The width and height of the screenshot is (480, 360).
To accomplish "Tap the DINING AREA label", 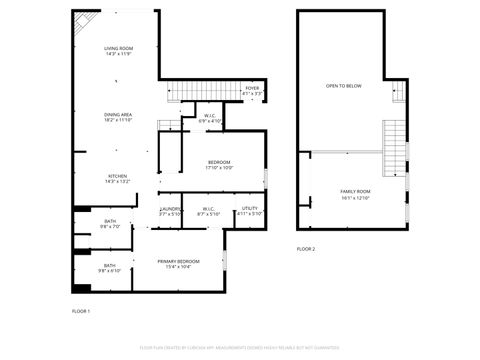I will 118,117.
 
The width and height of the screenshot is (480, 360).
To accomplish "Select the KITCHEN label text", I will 118,178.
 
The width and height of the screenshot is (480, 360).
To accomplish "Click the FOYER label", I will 252,90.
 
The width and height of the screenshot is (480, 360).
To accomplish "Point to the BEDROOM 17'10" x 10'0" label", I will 219,165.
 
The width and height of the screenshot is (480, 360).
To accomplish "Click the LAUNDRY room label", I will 170,211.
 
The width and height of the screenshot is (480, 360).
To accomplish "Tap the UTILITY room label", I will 249,211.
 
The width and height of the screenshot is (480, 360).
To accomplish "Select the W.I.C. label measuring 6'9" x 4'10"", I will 211,118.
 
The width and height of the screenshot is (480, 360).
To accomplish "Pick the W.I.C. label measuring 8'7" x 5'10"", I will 208,211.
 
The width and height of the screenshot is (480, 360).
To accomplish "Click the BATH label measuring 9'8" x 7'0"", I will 109,224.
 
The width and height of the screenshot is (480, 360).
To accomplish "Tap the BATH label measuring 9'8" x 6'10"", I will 109,267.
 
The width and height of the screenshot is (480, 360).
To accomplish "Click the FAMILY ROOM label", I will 355,194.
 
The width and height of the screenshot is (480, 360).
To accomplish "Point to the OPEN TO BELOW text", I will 343,87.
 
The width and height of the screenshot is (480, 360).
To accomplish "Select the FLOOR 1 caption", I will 81,311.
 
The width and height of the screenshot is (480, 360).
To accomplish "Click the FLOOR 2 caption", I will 306,248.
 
